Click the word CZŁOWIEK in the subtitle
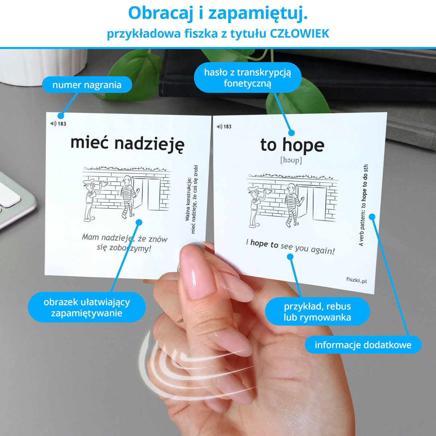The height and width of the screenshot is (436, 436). [299, 34]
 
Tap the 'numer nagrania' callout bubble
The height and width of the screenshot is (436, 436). [87, 85]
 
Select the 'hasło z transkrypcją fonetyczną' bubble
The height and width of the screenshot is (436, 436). [247, 78]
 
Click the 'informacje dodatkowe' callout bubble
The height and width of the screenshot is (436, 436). [363, 345]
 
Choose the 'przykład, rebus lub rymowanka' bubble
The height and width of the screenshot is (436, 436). [317, 311]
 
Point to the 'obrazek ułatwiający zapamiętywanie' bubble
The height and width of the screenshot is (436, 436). [87, 307]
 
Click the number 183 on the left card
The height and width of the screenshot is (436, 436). [62, 124]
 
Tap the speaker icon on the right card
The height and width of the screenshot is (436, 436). [219, 126]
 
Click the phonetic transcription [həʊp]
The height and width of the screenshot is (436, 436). [291, 161]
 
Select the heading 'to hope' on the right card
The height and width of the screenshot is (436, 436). [292, 146]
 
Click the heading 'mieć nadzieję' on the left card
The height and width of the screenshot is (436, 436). [128, 144]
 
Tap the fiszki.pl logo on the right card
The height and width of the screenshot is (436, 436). [356, 280]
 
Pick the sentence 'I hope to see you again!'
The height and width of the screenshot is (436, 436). [290, 246]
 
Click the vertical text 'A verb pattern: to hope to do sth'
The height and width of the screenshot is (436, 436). [364, 205]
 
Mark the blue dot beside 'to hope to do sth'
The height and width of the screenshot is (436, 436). [372, 217]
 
